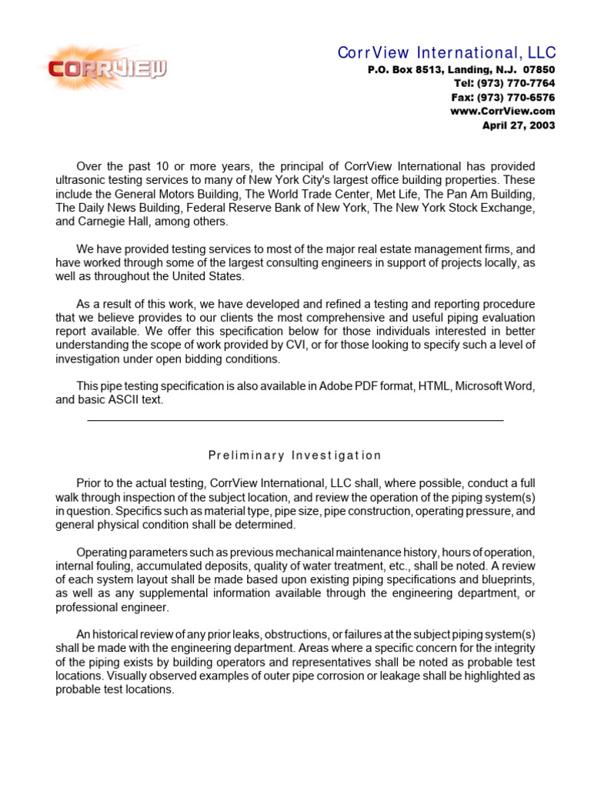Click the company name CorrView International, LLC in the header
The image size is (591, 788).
(446, 52)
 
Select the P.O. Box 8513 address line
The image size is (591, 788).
(460, 69)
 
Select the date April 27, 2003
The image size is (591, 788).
(518, 125)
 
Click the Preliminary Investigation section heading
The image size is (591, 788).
(295, 455)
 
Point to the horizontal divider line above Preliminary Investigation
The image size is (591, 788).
(295, 421)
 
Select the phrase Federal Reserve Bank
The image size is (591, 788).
(246, 208)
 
